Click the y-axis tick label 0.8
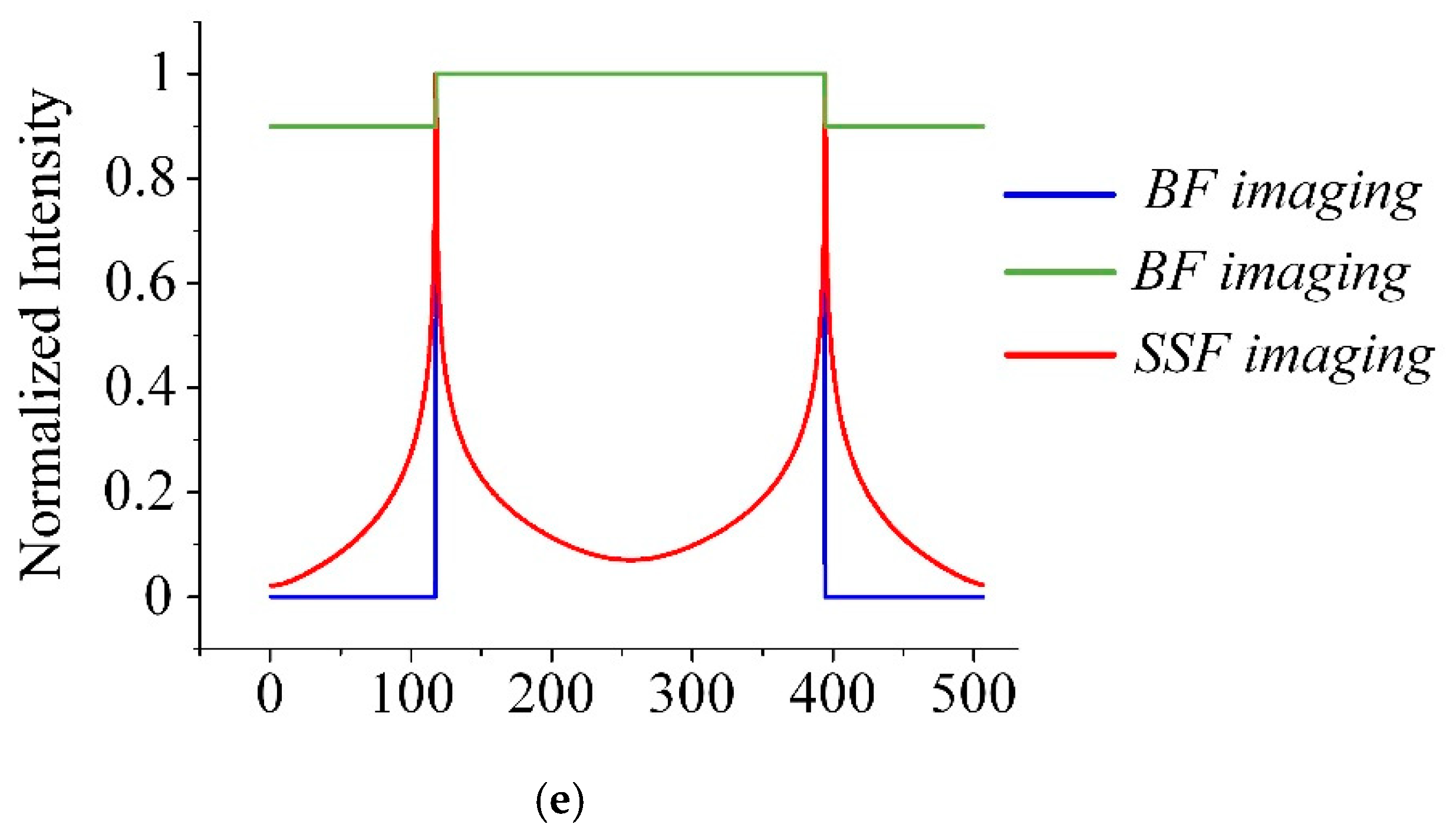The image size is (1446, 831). point(140,179)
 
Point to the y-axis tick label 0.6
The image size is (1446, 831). point(140,283)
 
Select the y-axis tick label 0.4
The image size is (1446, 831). point(140,387)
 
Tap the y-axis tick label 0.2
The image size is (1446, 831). point(140,492)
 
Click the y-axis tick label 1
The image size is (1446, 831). point(160,74)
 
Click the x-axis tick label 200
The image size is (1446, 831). point(551,694)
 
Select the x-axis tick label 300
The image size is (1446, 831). point(691,694)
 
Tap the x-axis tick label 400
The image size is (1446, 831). point(832,694)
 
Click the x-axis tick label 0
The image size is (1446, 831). point(270,694)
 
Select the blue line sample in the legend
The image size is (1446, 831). point(1060,194)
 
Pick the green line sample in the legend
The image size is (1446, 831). point(1060,272)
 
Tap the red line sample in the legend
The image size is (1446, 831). point(1060,355)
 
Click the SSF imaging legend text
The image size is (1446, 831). point(1284,357)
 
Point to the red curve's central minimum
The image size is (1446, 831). point(630,559)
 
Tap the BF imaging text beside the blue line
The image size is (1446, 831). point(1283,192)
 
